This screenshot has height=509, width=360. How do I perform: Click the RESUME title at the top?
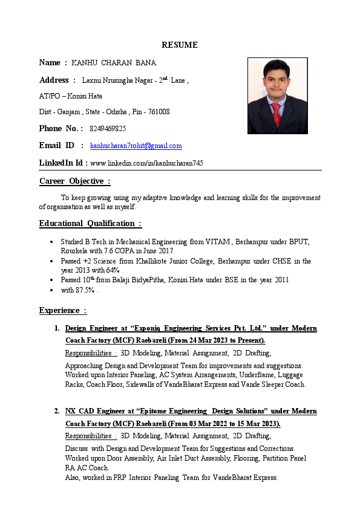pos(179,45)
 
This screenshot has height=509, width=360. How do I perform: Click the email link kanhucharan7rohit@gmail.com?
pos(136,146)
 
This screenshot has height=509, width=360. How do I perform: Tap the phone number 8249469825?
pos(108,129)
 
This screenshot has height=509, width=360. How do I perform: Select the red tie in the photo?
pos(277,113)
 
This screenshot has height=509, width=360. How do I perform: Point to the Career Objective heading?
pos(75,181)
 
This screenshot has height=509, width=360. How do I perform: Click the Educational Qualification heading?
pos(90,224)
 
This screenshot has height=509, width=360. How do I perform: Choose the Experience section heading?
pos(63,311)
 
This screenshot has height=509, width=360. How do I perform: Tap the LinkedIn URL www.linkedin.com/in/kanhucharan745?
pos(146,163)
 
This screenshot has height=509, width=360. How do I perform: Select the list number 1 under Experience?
pos(56,328)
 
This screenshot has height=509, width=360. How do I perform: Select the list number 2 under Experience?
pos(56,411)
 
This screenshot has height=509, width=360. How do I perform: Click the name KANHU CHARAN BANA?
pos(114,63)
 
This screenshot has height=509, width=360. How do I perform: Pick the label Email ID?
pos(57,146)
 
